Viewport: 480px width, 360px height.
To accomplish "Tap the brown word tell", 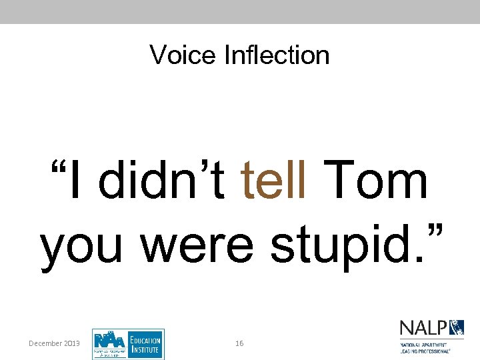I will click(x=274, y=181).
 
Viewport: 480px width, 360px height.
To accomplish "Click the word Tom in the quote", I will click(x=378, y=181).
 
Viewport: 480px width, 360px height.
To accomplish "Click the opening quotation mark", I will click(x=55, y=167).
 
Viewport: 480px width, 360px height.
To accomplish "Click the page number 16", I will click(x=239, y=343).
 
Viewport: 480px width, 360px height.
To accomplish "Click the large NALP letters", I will click(x=423, y=328).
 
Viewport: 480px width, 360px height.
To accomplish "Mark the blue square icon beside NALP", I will click(x=457, y=328).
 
